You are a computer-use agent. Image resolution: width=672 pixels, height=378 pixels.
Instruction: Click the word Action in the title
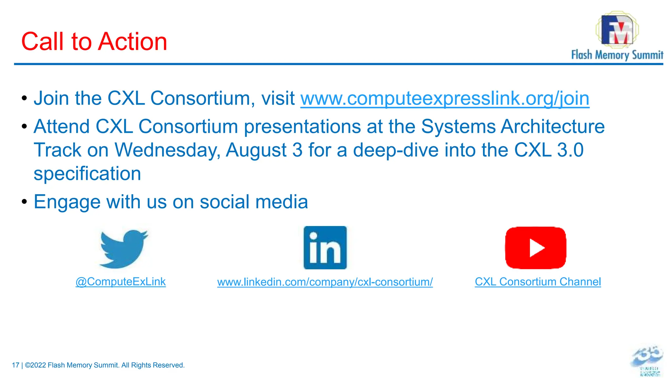133,42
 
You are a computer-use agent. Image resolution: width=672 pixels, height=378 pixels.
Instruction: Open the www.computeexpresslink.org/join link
445,98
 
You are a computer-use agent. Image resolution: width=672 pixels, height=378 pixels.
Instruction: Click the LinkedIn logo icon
325,248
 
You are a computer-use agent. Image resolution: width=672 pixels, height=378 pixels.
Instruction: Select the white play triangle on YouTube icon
536,248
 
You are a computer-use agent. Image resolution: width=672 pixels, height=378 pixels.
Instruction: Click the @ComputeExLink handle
120,282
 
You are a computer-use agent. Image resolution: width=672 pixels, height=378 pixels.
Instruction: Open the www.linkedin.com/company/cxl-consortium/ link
325,282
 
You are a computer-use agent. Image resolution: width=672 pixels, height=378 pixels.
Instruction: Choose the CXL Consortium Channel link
538,282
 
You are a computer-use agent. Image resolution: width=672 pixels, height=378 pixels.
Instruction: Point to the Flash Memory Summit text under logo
617,55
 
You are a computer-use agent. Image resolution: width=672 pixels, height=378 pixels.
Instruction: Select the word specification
87,174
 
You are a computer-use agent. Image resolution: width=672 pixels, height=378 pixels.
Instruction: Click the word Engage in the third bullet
67,202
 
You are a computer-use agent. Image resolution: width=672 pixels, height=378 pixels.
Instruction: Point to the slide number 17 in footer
15,365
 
